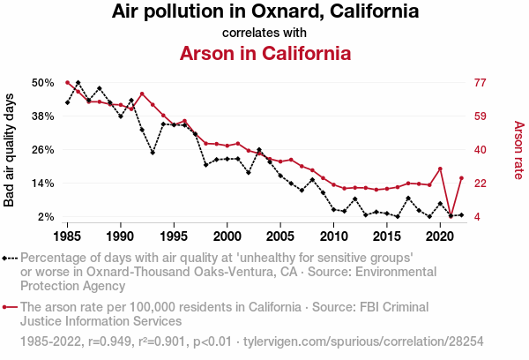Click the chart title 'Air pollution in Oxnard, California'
[264, 12]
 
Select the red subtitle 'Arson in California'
[264, 53]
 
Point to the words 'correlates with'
[264, 33]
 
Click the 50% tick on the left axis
[43, 83]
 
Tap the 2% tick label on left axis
[47, 217]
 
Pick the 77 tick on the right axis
[481, 83]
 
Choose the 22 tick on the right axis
[481, 184]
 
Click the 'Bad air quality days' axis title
[11, 150]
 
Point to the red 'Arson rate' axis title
[518, 150]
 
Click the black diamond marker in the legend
[5, 259]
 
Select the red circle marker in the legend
[5, 308]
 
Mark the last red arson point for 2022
[461, 178]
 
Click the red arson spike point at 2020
[440, 169]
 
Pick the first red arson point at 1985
[68, 83]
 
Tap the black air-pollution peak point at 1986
[78, 83]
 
